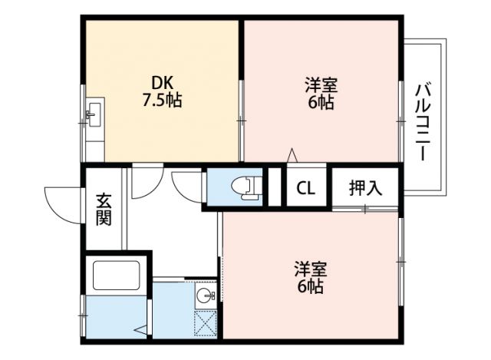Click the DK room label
point(162,82)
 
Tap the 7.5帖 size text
point(162,100)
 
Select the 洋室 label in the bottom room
point(311,269)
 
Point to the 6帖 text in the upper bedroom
point(321,102)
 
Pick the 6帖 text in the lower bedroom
point(311,287)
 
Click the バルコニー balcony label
point(423,120)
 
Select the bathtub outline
point(115,277)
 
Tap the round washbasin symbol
point(204,294)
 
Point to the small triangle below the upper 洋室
point(292,155)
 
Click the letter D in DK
point(156,82)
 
